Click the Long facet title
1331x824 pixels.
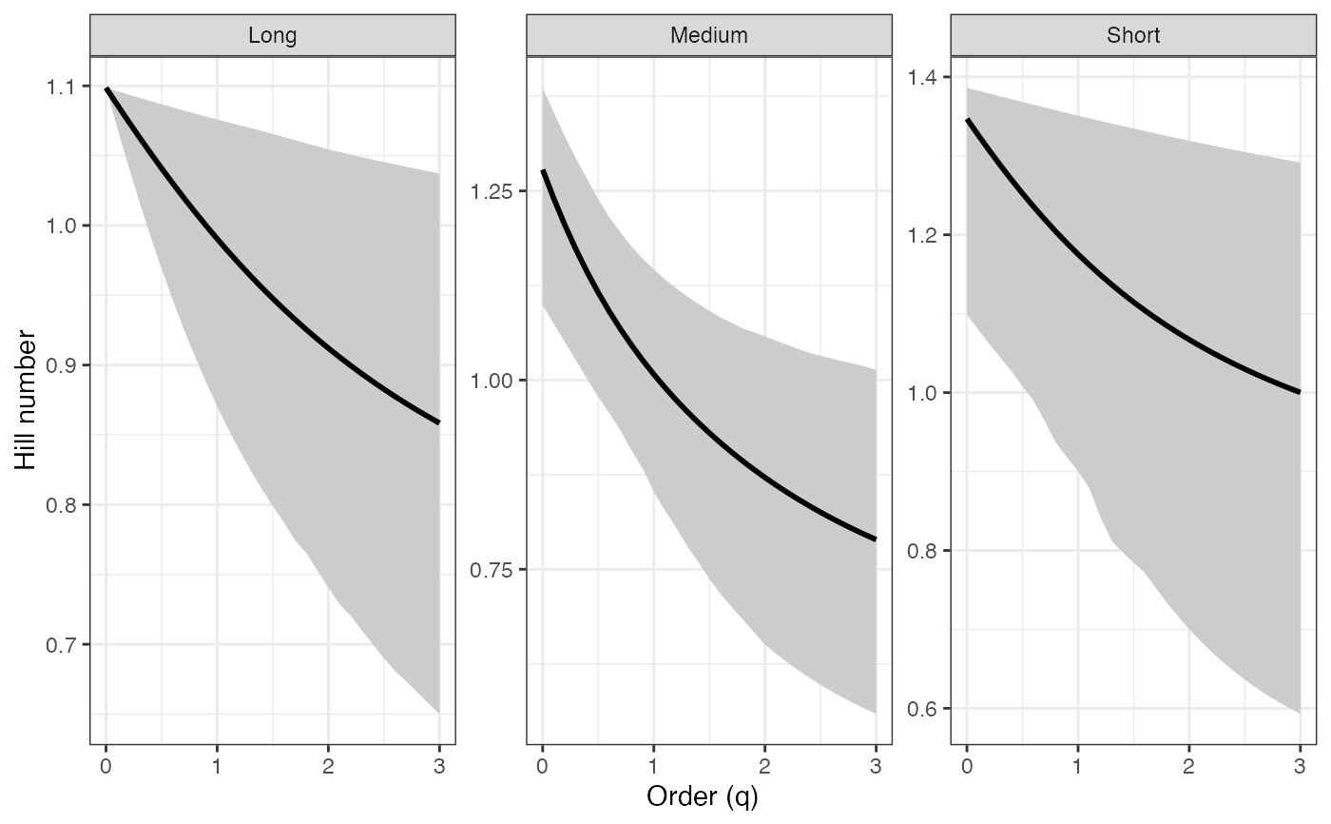272,36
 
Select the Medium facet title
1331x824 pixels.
708,36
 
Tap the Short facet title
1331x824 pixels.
1133,36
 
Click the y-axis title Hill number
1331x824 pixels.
27,401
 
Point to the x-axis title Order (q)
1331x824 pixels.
703,796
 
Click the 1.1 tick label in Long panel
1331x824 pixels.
64,87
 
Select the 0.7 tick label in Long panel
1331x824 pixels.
64,644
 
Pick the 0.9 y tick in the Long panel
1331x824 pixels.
64,365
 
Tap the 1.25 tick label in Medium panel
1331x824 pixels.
492,191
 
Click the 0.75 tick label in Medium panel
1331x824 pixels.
492,569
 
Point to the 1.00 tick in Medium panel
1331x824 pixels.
492,381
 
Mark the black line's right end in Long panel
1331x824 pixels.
438,422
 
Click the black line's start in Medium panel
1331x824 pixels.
543,171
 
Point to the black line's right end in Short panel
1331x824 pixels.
1299,392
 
